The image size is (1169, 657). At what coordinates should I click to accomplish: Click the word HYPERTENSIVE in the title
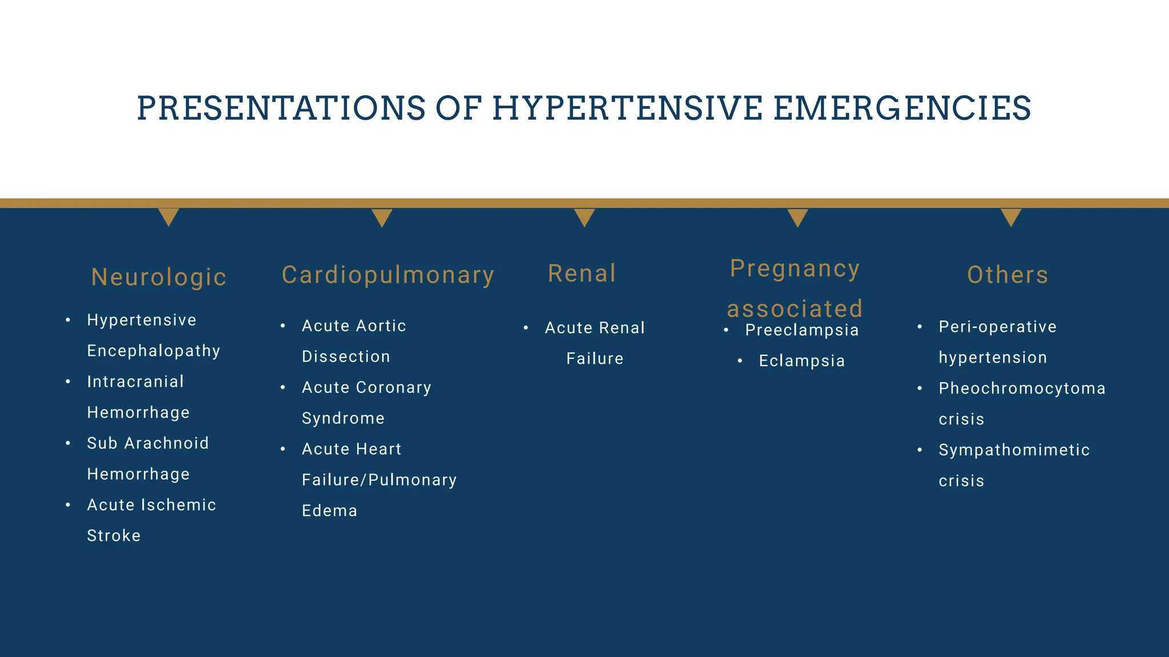pyautogui.click(x=627, y=108)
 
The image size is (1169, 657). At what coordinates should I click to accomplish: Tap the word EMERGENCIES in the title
pyautogui.click(x=902, y=108)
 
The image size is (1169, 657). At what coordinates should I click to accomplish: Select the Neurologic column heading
pyautogui.click(x=159, y=277)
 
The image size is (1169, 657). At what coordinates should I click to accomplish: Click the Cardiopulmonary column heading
pyautogui.click(x=388, y=275)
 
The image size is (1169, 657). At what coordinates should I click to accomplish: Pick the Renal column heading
pyautogui.click(x=582, y=273)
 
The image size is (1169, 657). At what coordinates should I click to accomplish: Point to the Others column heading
pyautogui.click(x=1008, y=275)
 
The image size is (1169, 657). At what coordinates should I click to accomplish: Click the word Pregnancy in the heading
pyautogui.click(x=795, y=269)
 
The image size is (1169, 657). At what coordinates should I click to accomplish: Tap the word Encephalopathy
pyautogui.click(x=154, y=351)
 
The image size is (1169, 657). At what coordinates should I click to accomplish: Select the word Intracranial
pyautogui.click(x=135, y=382)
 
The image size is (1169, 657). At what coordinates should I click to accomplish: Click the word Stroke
pyautogui.click(x=114, y=536)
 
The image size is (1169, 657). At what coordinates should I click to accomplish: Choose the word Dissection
pyautogui.click(x=346, y=356)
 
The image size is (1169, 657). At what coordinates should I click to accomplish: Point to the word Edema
pyautogui.click(x=329, y=510)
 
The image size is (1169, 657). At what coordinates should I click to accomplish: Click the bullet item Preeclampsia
pyautogui.click(x=802, y=330)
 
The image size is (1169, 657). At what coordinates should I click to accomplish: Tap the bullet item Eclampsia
pyautogui.click(x=802, y=361)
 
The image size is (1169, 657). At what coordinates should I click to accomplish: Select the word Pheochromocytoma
pyautogui.click(x=1022, y=388)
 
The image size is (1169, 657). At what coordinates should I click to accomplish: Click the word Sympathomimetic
pyautogui.click(x=1014, y=450)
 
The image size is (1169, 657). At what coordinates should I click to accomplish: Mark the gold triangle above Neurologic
pyautogui.click(x=168, y=216)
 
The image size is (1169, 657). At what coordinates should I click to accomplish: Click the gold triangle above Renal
pyautogui.click(x=584, y=216)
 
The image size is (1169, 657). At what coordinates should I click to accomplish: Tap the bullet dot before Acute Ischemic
pyautogui.click(x=68, y=505)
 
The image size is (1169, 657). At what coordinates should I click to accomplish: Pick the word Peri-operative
pyautogui.click(x=998, y=327)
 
